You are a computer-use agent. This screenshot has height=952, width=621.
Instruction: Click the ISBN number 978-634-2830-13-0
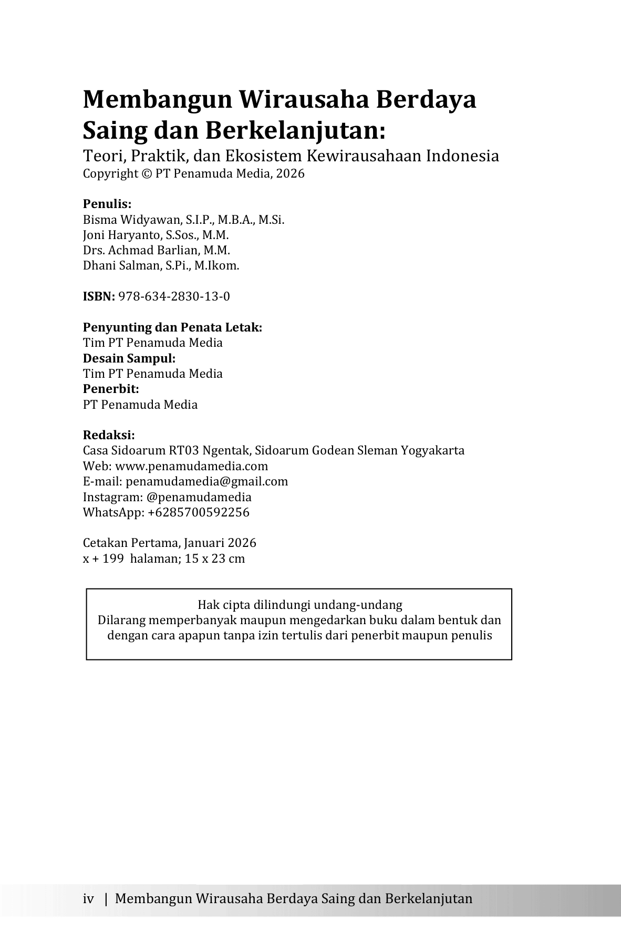coord(174,297)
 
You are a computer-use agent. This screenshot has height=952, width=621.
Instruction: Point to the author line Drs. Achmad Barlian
coord(138,250)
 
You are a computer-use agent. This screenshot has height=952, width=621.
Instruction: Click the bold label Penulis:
coord(107,204)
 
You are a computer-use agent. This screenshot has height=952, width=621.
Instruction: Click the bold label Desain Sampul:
coord(129,358)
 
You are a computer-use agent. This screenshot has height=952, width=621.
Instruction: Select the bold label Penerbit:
coord(111,389)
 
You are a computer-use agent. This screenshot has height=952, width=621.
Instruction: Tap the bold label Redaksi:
coord(109,436)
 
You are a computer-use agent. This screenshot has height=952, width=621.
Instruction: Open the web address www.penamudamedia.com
coord(191,467)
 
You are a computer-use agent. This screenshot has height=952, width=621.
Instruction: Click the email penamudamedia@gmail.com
coord(206,482)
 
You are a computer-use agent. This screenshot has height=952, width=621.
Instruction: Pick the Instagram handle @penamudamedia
coord(199,497)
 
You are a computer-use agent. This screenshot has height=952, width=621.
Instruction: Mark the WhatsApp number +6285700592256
coord(199,512)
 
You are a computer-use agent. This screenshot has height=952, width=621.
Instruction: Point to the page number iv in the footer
coord(88,898)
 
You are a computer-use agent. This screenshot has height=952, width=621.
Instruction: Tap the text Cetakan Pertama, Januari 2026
coord(170,543)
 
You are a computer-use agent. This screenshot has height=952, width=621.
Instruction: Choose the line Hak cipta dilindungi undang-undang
coord(299,605)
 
